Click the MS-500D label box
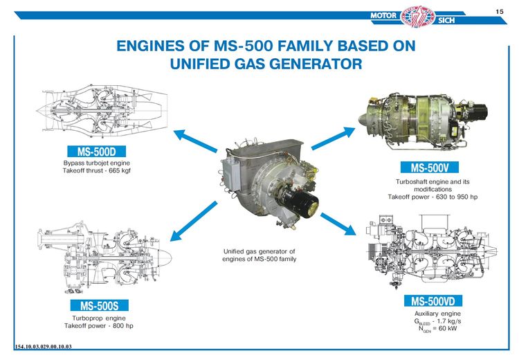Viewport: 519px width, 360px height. point(96,152)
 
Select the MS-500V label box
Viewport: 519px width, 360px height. point(429,168)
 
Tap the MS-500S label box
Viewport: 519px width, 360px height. point(99,305)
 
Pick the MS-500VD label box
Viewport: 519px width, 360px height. point(433,301)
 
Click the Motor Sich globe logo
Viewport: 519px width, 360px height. point(417,16)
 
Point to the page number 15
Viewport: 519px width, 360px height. point(500,12)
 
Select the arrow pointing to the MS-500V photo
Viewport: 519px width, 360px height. point(333,138)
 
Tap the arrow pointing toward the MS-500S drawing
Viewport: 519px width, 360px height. point(194,221)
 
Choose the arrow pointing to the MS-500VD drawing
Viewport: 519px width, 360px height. point(338,224)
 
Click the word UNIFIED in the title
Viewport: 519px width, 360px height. point(199,64)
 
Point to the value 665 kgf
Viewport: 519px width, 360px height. point(120,171)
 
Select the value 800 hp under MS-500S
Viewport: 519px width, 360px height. point(122,326)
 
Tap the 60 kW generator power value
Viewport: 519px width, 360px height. point(448,329)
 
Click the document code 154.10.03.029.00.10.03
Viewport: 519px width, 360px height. point(43,347)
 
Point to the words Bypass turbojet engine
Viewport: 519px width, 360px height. point(97,163)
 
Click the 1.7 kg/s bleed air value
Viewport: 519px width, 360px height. point(449,321)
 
